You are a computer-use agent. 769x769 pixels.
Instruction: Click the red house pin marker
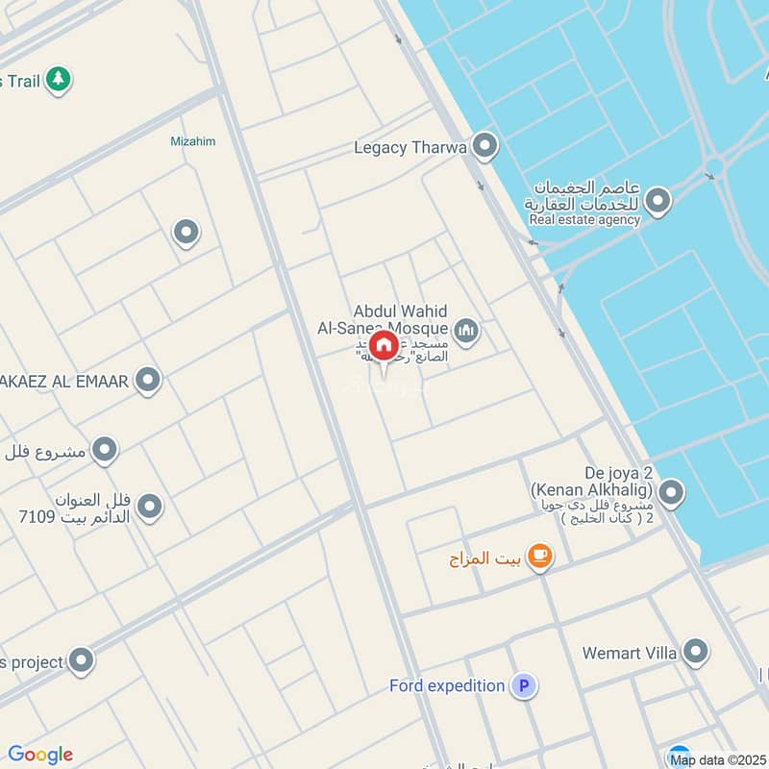[x=384, y=346]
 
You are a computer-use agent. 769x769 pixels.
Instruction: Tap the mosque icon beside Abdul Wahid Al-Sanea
[x=466, y=333]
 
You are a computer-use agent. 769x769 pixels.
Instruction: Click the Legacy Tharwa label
[x=409, y=148]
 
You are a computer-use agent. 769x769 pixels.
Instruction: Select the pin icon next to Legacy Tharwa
[x=485, y=147]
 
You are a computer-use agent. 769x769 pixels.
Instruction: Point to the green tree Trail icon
[x=60, y=80]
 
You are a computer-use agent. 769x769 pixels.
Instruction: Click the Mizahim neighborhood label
[x=192, y=141]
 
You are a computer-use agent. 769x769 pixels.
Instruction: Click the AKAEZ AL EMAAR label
[x=65, y=382]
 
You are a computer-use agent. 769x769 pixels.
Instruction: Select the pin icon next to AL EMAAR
[x=147, y=381]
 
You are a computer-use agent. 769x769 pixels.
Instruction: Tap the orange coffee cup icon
[x=540, y=557]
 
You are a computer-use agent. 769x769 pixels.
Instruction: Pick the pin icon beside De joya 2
[x=671, y=494]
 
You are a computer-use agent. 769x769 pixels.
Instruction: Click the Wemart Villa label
[x=630, y=654]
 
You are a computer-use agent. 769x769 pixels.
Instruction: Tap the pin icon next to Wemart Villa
[x=695, y=653]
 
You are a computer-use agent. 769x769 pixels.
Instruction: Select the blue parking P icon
[x=524, y=685]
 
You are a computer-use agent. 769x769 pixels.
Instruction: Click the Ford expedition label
[x=447, y=686]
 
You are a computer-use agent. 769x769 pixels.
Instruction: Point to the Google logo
[x=40, y=755]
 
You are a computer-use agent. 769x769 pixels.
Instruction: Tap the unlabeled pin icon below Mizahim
[x=185, y=233]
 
